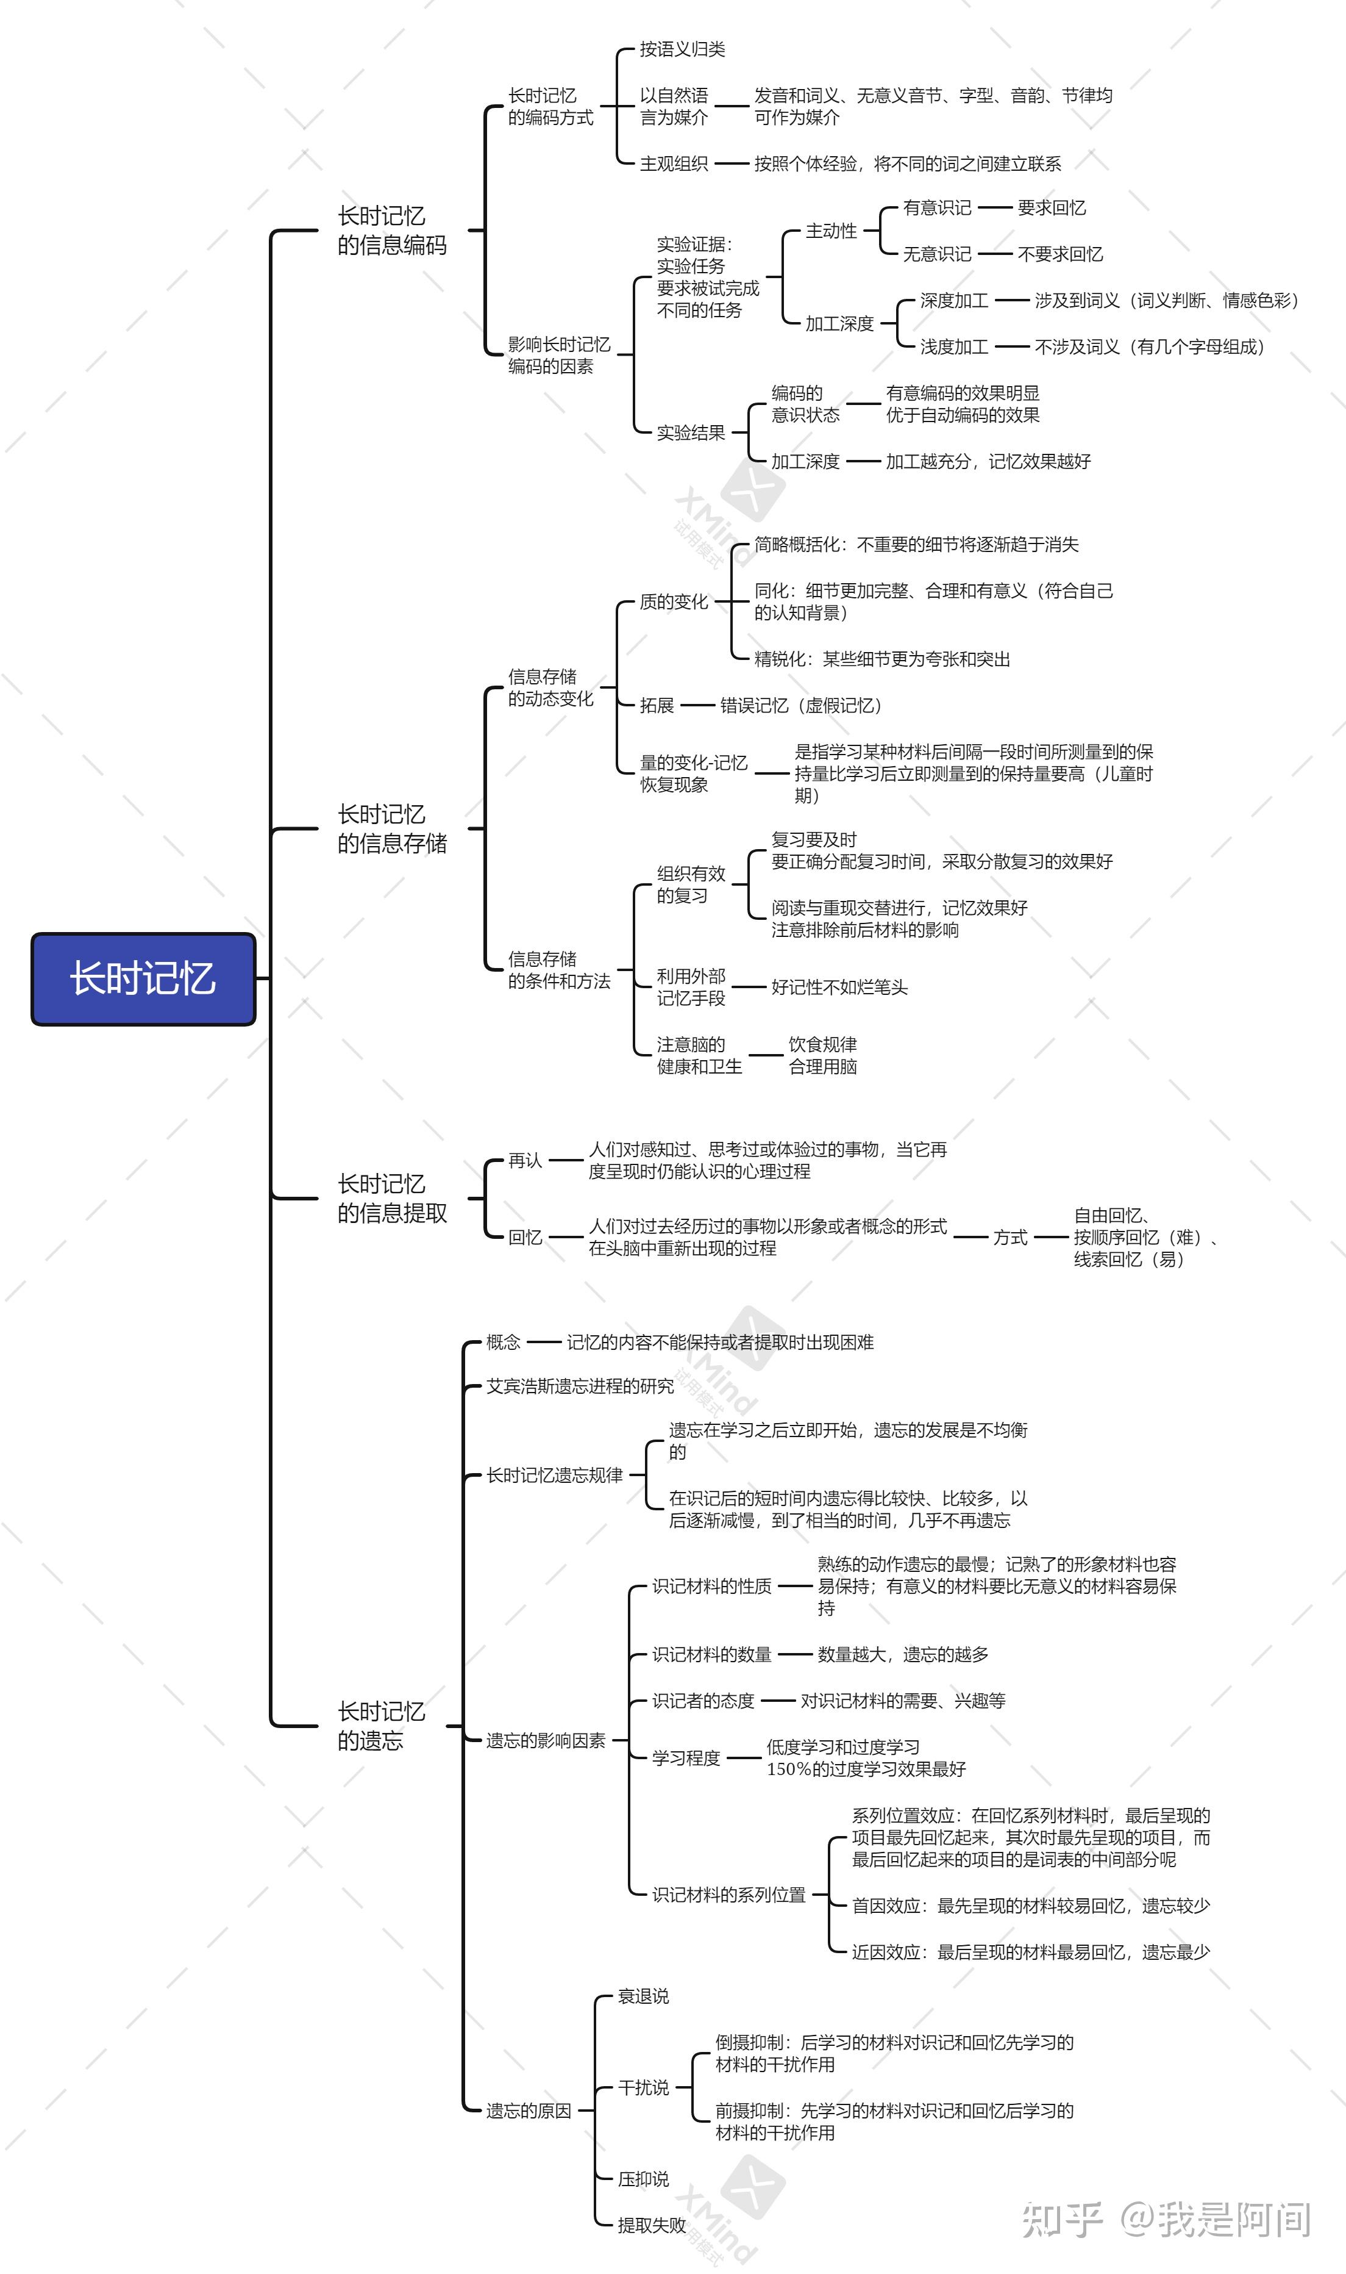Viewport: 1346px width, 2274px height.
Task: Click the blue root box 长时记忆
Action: pos(143,979)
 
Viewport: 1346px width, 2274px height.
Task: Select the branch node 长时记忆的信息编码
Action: pos(392,231)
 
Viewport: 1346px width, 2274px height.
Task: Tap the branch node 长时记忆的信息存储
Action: pos(392,828)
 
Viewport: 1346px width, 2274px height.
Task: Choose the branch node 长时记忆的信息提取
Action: pos(392,1198)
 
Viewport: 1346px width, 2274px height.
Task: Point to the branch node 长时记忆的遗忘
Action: pos(381,1726)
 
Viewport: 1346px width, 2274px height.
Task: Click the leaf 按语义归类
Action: pos(682,49)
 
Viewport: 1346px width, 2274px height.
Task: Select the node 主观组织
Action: pos(674,163)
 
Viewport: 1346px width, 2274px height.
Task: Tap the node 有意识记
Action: pos(937,208)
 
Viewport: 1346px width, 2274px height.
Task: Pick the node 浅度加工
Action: pos(954,346)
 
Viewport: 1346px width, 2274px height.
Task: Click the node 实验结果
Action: pos(691,433)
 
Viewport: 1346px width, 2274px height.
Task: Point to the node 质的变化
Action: pos(674,601)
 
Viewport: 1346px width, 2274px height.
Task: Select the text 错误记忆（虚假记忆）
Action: pos(802,705)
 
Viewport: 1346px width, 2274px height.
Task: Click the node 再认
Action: pos(525,1161)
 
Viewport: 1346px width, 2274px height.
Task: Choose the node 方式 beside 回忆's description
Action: pos(1010,1238)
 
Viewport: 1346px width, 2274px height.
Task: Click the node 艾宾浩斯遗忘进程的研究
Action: pos(580,1386)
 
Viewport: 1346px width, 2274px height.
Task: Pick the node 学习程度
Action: pos(686,1758)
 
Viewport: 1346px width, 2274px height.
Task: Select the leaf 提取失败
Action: pos(652,2225)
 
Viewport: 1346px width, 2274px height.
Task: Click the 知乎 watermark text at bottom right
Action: pos(1062,2220)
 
